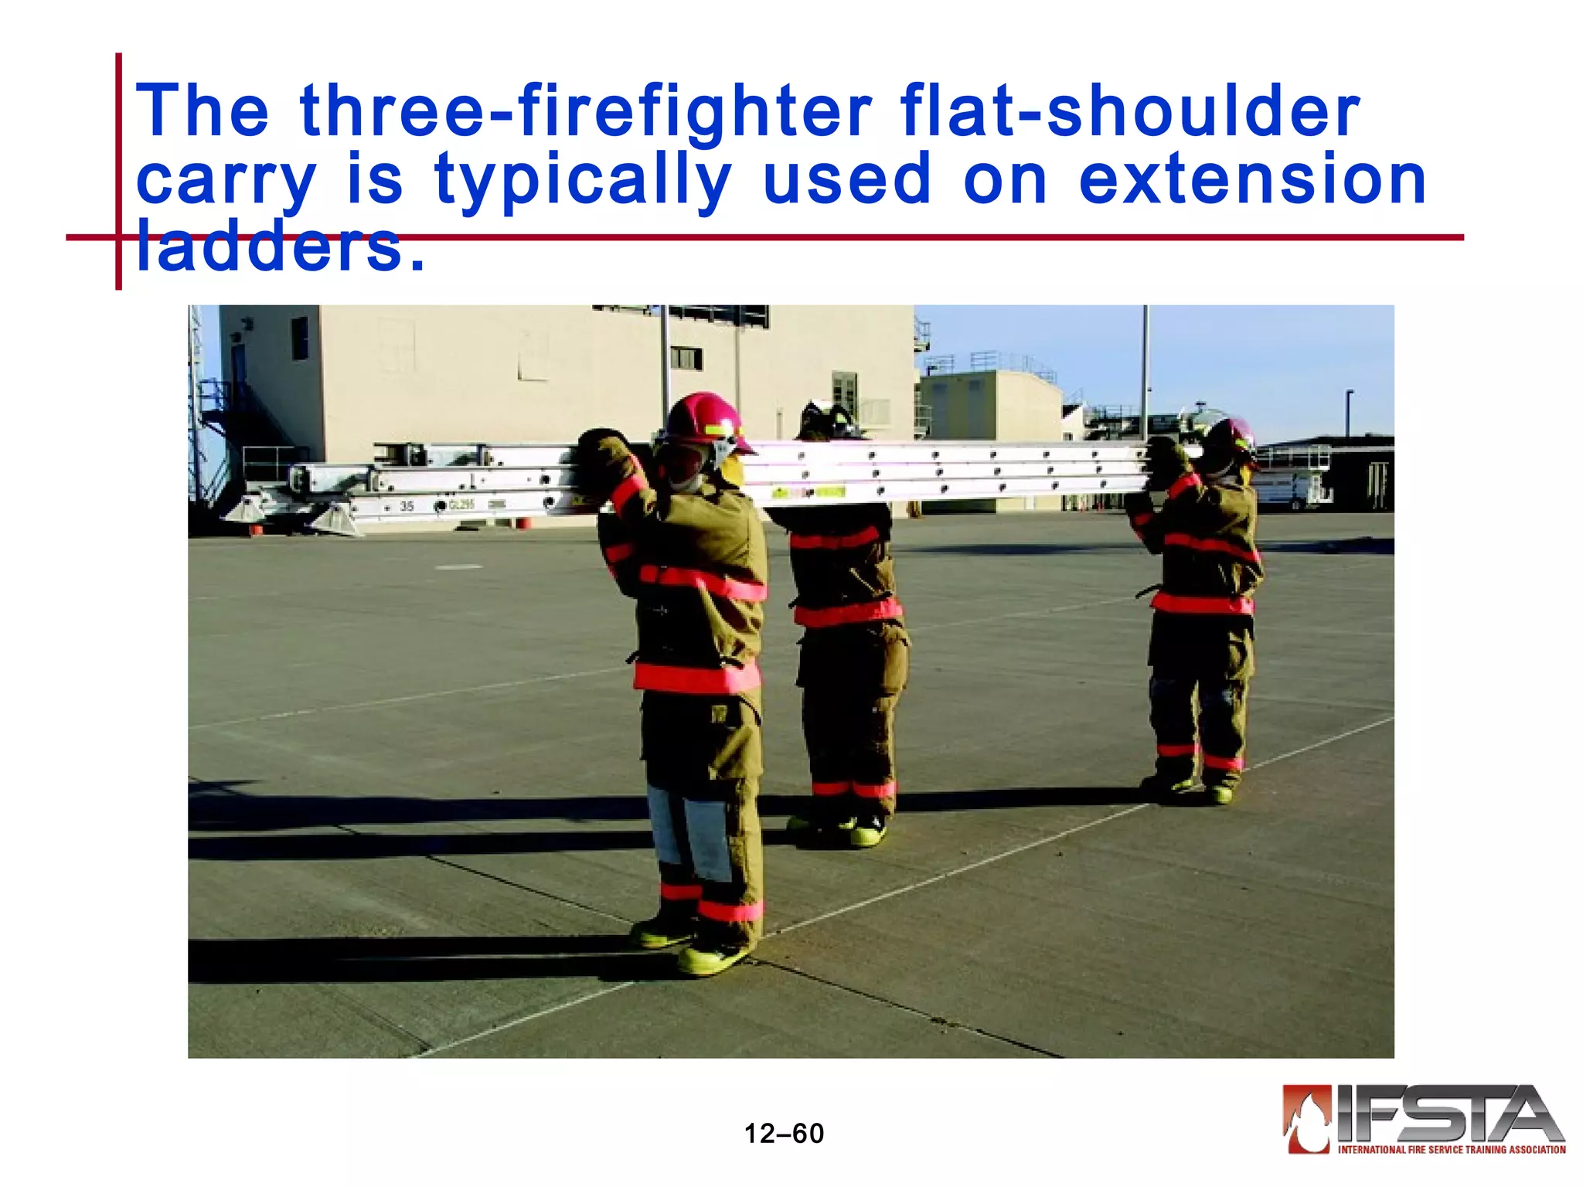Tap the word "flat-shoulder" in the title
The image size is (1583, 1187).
(x=1129, y=112)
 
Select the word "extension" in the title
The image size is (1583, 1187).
(x=1252, y=179)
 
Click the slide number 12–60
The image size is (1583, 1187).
(x=784, y=1134)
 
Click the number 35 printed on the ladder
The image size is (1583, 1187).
(x=407, y=506)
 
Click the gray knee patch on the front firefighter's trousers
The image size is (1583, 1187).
(x=707, y=838)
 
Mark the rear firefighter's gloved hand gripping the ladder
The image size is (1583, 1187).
(x=1163, y=460)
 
